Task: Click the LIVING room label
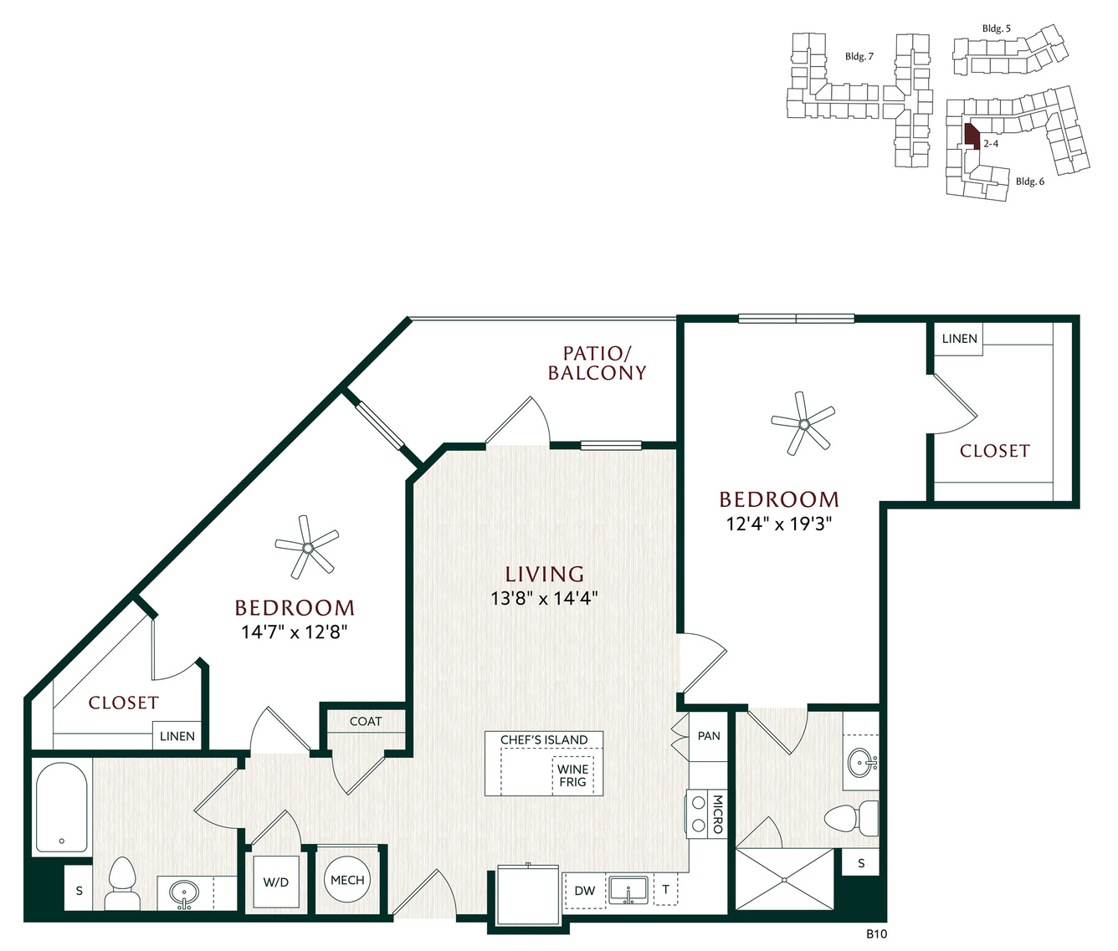pyautogui.click(x=545, y=574)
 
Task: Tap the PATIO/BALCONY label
pyautogui.click(x=597, y=363)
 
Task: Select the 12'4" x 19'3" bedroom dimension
pyautogui.click(x=778, y=524)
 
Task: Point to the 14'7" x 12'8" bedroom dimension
pyautogui.click(x=294, y=632)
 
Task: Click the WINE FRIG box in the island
pyautogui.click(x=572, y=775)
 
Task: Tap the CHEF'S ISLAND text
pyautogui.click(x=544, y=739)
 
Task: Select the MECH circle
pyautogui.click(x=347, y=880)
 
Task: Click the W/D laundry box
pyautogui.click(x=276, y=882)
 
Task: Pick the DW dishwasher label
pyautogui.click(x=585, y=891)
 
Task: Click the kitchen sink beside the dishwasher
pyautogui.click(x=628, y=891)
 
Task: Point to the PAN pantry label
pyautogui.click(x=709, y=736)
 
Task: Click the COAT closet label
pyautogui.click(x=366, y=721)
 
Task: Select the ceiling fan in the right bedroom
pyautogui.click(x=803, y=424)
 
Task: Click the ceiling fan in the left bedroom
pyautogui.click(x=307, y=547)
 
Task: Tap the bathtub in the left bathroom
pyautogui.click(x=62, y=808)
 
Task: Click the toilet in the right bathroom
pyautogui.click(x=851, y=816)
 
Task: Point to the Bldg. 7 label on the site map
pyautogui.click(x=859, y=56)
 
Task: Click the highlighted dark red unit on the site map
pyautogui.click(x=972, y=136)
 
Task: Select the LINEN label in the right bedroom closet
pyautogui.click(x=960, y=339)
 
